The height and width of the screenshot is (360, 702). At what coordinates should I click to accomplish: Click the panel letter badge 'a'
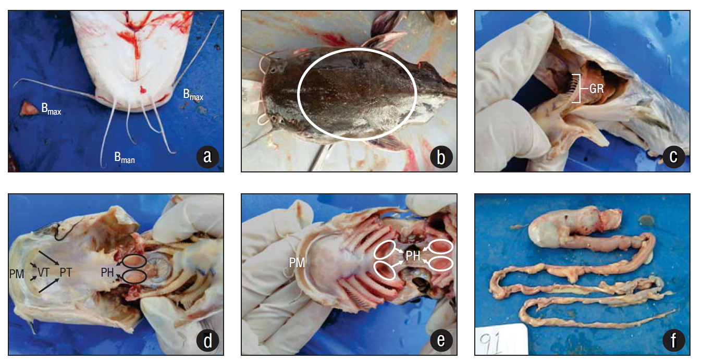point(207,156)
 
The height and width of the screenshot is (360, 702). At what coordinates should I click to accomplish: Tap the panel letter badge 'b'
point(441,156)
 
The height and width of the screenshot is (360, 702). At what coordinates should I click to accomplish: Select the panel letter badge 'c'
point(674,156)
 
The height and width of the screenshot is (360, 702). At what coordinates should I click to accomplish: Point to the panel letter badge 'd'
point(207,340)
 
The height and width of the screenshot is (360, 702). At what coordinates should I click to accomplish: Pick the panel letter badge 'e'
point(441,340)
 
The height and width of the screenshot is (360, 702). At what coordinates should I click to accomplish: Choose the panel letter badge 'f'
point(674,340)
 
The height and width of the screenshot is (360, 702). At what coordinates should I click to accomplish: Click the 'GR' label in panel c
point(596,89)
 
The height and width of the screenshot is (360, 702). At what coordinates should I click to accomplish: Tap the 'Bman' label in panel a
point(125,158)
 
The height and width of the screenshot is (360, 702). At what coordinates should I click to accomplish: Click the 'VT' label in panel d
point(43,272)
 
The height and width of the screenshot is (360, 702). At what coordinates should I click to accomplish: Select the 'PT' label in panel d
point(66,272)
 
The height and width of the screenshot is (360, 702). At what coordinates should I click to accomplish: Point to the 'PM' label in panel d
point(17,274)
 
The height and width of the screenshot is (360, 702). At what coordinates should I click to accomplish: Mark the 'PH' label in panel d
point(107,272)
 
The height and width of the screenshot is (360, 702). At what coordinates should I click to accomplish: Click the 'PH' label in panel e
point(413,256)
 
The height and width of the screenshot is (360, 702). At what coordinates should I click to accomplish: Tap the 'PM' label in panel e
point(297,263)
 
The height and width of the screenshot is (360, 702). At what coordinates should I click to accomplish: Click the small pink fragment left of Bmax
point(27,108)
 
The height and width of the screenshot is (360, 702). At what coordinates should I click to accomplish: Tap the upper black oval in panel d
point(134,261)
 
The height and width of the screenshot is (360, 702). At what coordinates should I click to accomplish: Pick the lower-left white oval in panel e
point(385,270)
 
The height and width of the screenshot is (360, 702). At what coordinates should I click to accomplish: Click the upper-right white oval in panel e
point(440,246)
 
